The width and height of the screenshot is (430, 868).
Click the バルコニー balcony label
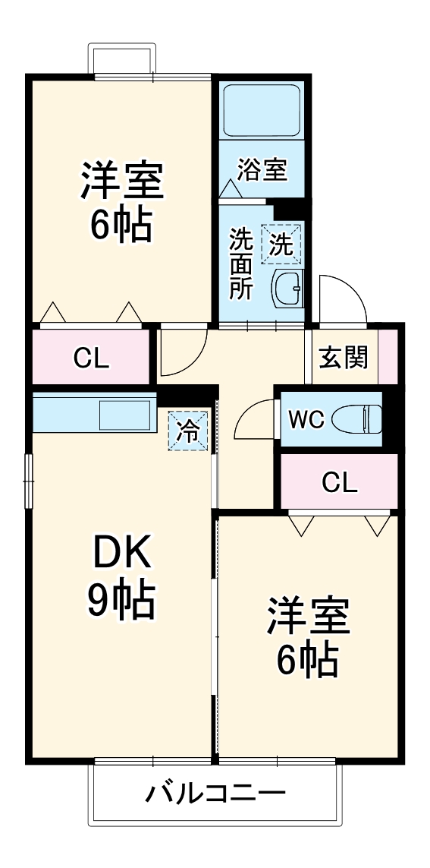coord(215,794)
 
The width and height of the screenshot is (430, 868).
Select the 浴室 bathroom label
coord(262,169)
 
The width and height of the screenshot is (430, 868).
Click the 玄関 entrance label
coord(344,357)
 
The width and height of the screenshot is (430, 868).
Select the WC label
coord(306,418)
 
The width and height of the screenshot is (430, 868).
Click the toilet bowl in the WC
coord(356,418)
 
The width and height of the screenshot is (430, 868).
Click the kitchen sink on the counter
coord(126,415)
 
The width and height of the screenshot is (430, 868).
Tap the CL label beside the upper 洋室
coord(92,358)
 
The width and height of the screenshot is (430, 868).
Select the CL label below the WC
coord(339,481)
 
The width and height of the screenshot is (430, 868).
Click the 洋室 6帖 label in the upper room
coord(121,201)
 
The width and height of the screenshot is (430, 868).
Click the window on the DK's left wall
coord(28,480)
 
